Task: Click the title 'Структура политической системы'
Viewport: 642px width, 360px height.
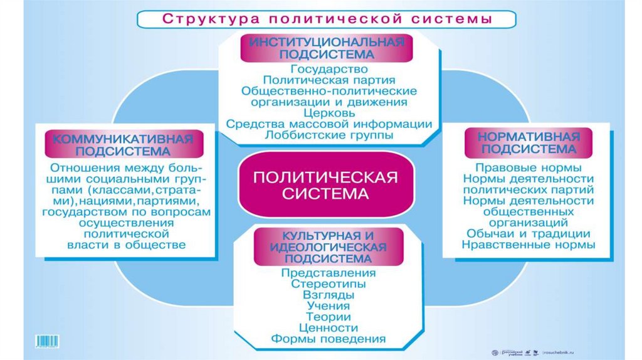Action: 327,18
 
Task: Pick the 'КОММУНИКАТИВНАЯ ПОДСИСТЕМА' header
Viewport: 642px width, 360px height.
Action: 118,144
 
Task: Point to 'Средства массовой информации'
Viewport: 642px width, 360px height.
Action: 329,124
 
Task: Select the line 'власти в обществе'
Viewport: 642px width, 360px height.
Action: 126,245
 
